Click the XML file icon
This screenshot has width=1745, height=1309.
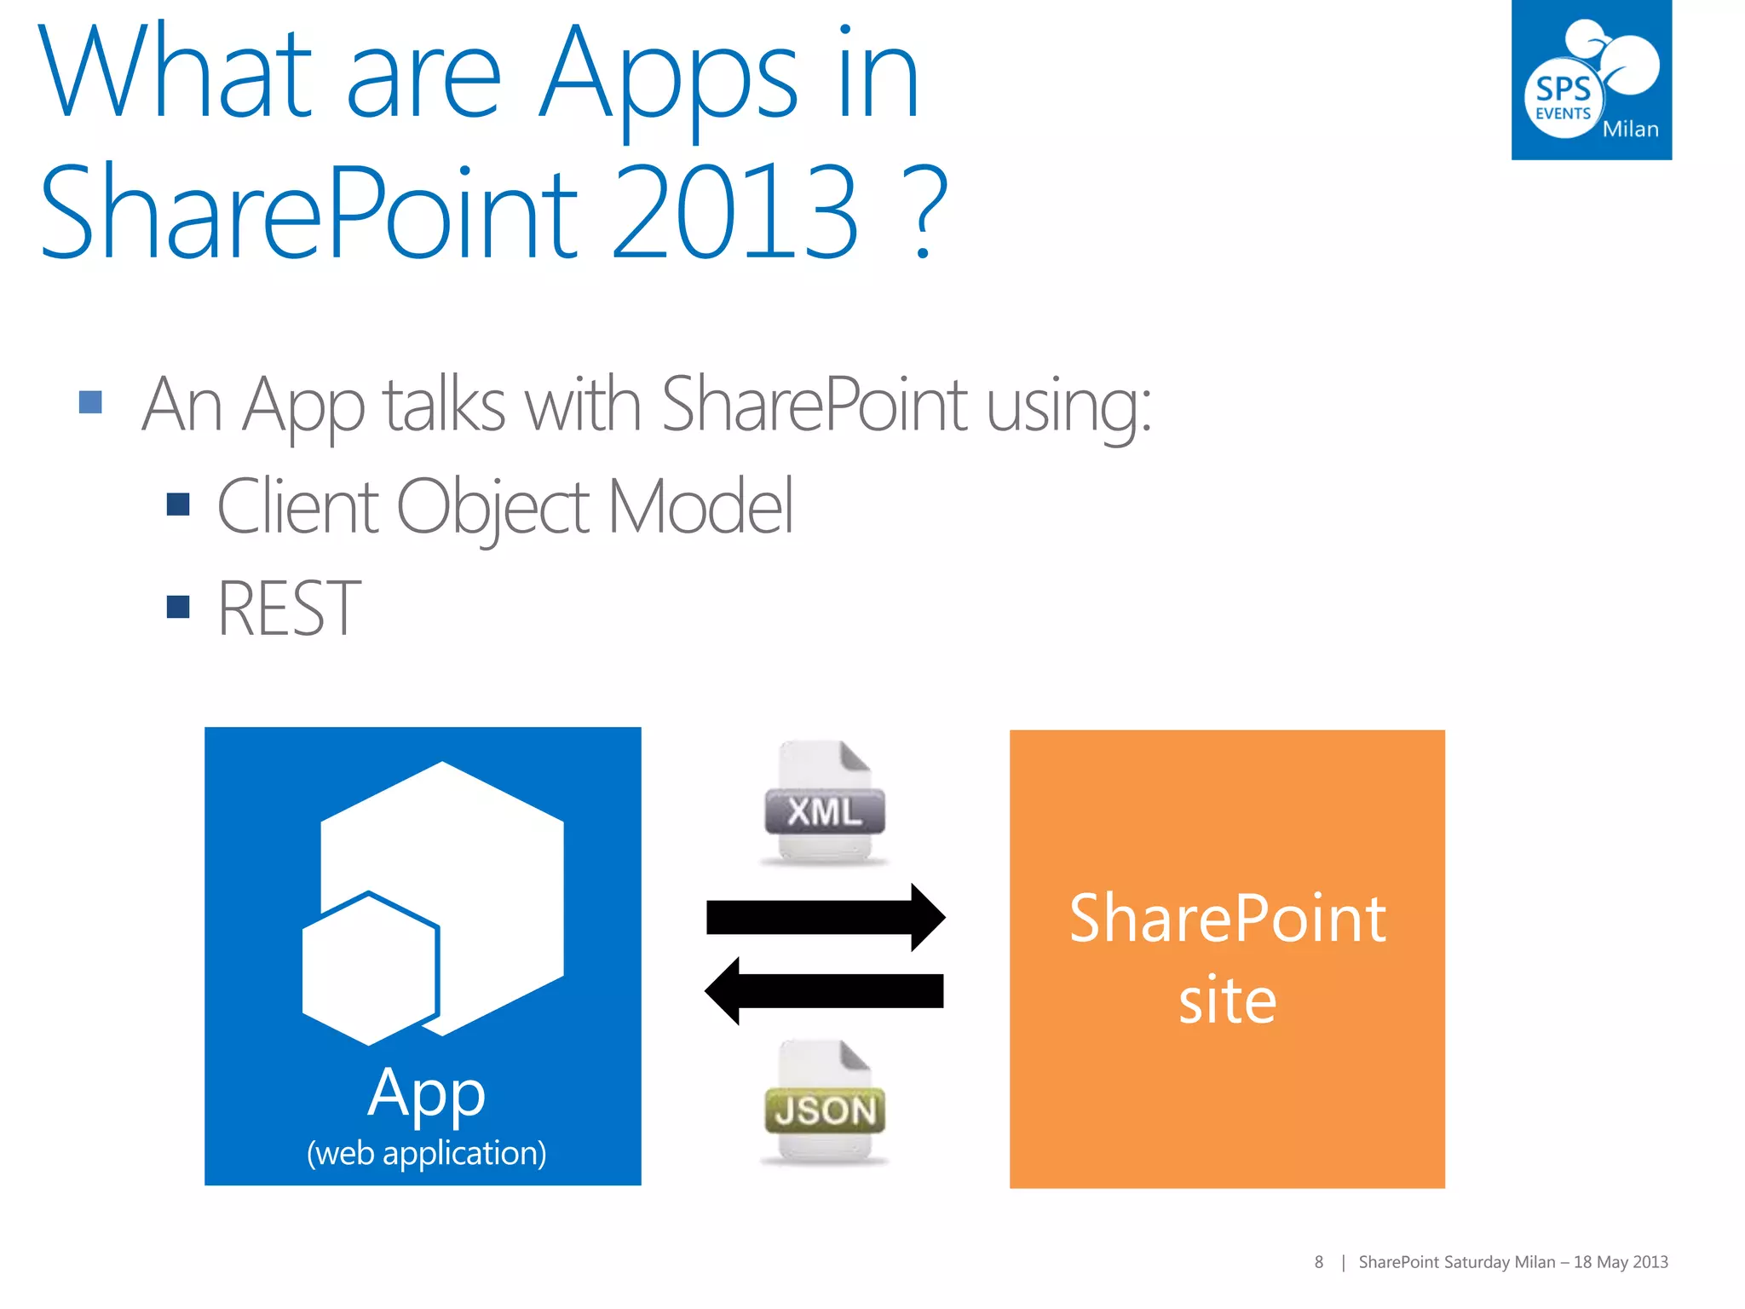pyautogui.click(x=824, y=804)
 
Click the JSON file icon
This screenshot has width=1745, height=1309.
pyautogui.click(x=824, y=1103)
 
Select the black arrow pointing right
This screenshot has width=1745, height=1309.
pyautogui.click(x=825, y=917)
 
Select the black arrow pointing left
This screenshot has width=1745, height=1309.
pyautogui.click(x=825, y=991)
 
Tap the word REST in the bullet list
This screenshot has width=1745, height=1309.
pyautogui.click(x=289, y=608)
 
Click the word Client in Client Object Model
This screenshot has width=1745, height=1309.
pyautogui.click(x=297, y=506)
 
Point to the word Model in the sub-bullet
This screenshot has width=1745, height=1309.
pyautogui.click(x=700, y=506)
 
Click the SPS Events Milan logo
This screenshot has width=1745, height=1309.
pyautogui.click(x=1591, y=80)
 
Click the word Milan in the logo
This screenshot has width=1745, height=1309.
pyautogui.click(x=1630, y=130)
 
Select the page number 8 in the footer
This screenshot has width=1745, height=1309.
pyautogui.click(x=1318, y=1262)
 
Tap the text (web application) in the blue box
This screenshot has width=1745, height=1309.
pyautogui.click(x=426, y=1153)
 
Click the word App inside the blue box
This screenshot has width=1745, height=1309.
pyautogui.click(x=426, y=1093)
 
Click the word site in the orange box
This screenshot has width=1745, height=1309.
pyautogui.click(x=1227, y=1000)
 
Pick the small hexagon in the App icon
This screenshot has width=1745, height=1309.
pyautogui.click(x=370, y=969)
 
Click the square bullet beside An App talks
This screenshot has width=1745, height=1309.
pyautogui.click(x=90, y=401)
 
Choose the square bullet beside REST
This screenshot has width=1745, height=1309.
pyautogui.click(x=178, y=607)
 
